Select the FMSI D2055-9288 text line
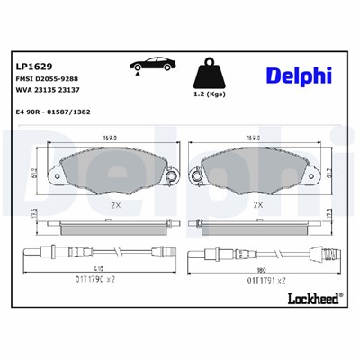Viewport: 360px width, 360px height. pyautogui.click(x=48, y=81)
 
